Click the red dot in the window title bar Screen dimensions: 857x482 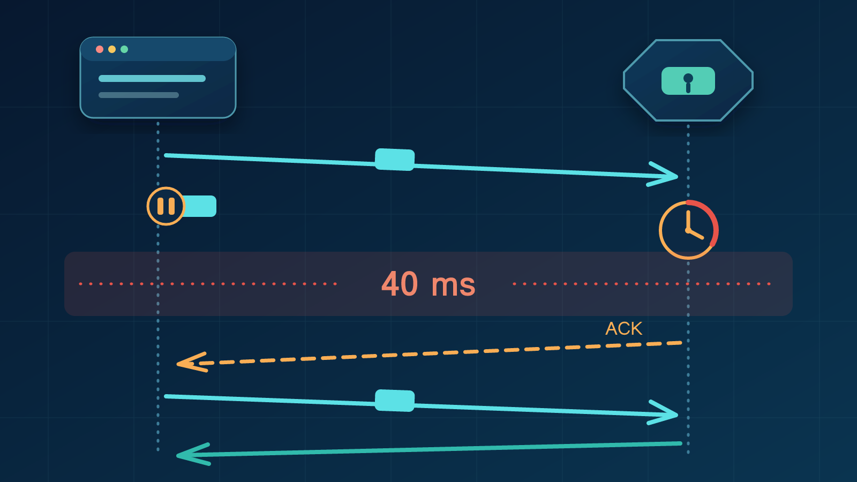(x=100, y=49)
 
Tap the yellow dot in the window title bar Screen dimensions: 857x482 (x=112, y=49)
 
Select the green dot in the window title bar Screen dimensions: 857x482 (x=124, y=49)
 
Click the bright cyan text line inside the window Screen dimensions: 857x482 (x=152, y=78)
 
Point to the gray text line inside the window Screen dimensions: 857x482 (x=139, y=95)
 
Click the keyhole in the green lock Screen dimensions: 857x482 (x=688, y=83)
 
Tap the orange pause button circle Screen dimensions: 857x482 (x=166, y=206)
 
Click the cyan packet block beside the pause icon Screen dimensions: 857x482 (x=199, y=206)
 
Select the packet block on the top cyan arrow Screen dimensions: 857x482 (x=394, y=160)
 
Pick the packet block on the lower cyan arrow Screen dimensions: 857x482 (x=394, y=401)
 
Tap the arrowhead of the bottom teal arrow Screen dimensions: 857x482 (x=193, y=455)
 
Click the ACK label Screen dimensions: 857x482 (x=623, y=329)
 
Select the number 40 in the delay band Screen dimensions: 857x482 (x=400, y=284)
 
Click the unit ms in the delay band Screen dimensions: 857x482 (x=453, y=285)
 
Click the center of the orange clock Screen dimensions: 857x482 (x=688, y=230)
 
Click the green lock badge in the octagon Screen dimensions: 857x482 (x=688, y=81)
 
